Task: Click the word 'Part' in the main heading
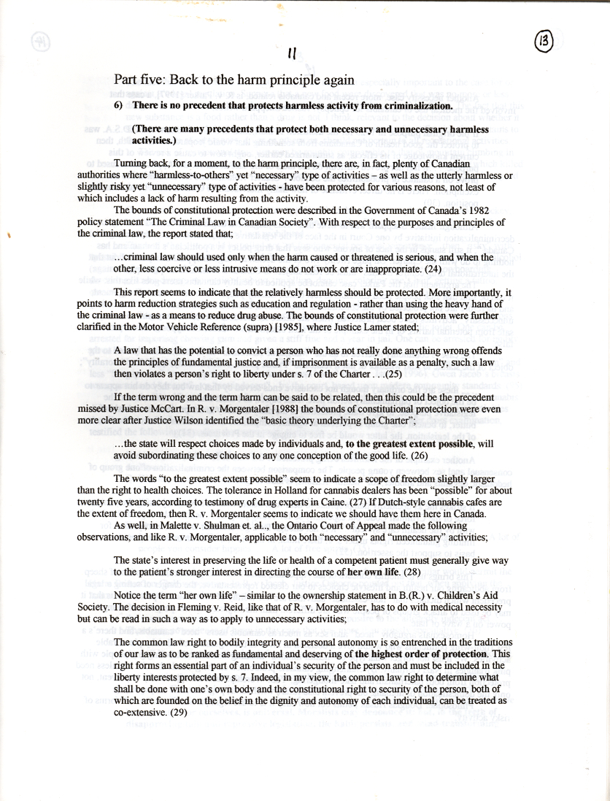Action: (127, 80)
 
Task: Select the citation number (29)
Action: (179, 713)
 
